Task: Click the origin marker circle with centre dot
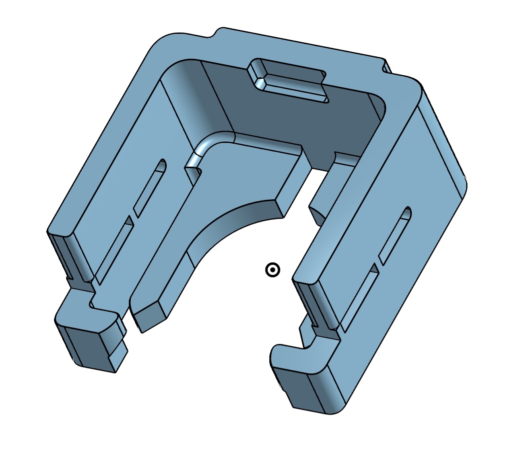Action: (x=272, y=270)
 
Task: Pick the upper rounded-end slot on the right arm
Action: (x=395, y=235)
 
